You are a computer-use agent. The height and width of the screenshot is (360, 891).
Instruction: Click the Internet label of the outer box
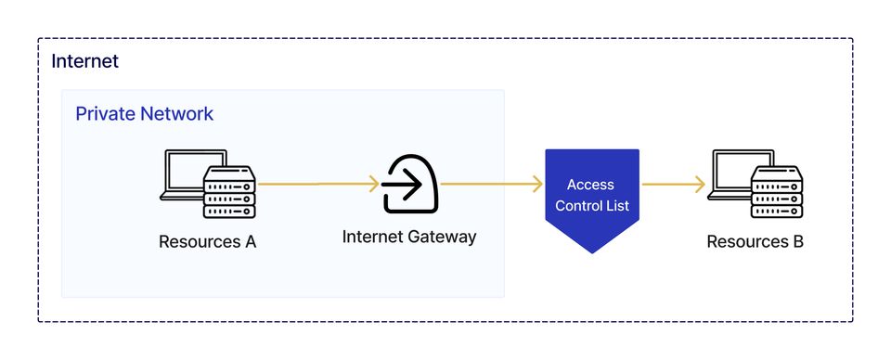(x=85, y=62)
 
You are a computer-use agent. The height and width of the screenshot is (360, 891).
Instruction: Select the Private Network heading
(x=144, y=114)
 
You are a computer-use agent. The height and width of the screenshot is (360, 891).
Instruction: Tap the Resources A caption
(x=207, y=242)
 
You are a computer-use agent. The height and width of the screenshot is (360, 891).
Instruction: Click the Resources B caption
(x=755, y=242)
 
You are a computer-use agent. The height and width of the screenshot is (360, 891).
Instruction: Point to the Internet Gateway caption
(x=408, y=237)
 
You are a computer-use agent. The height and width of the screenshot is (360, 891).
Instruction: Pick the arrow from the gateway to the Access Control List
(x=492, y=185)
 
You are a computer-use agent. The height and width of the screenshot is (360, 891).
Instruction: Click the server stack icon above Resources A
(x=228, y=193)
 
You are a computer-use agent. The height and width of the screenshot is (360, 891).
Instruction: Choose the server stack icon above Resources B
(x=776, y=193)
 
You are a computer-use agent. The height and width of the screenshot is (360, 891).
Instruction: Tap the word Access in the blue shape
(x=590, y=185)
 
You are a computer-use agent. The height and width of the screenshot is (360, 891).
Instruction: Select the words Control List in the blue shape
(x=591, y=205)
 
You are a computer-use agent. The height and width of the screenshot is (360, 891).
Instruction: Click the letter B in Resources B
(x=797, y=242)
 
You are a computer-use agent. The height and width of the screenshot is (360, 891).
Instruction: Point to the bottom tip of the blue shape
(x=591, y=251)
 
